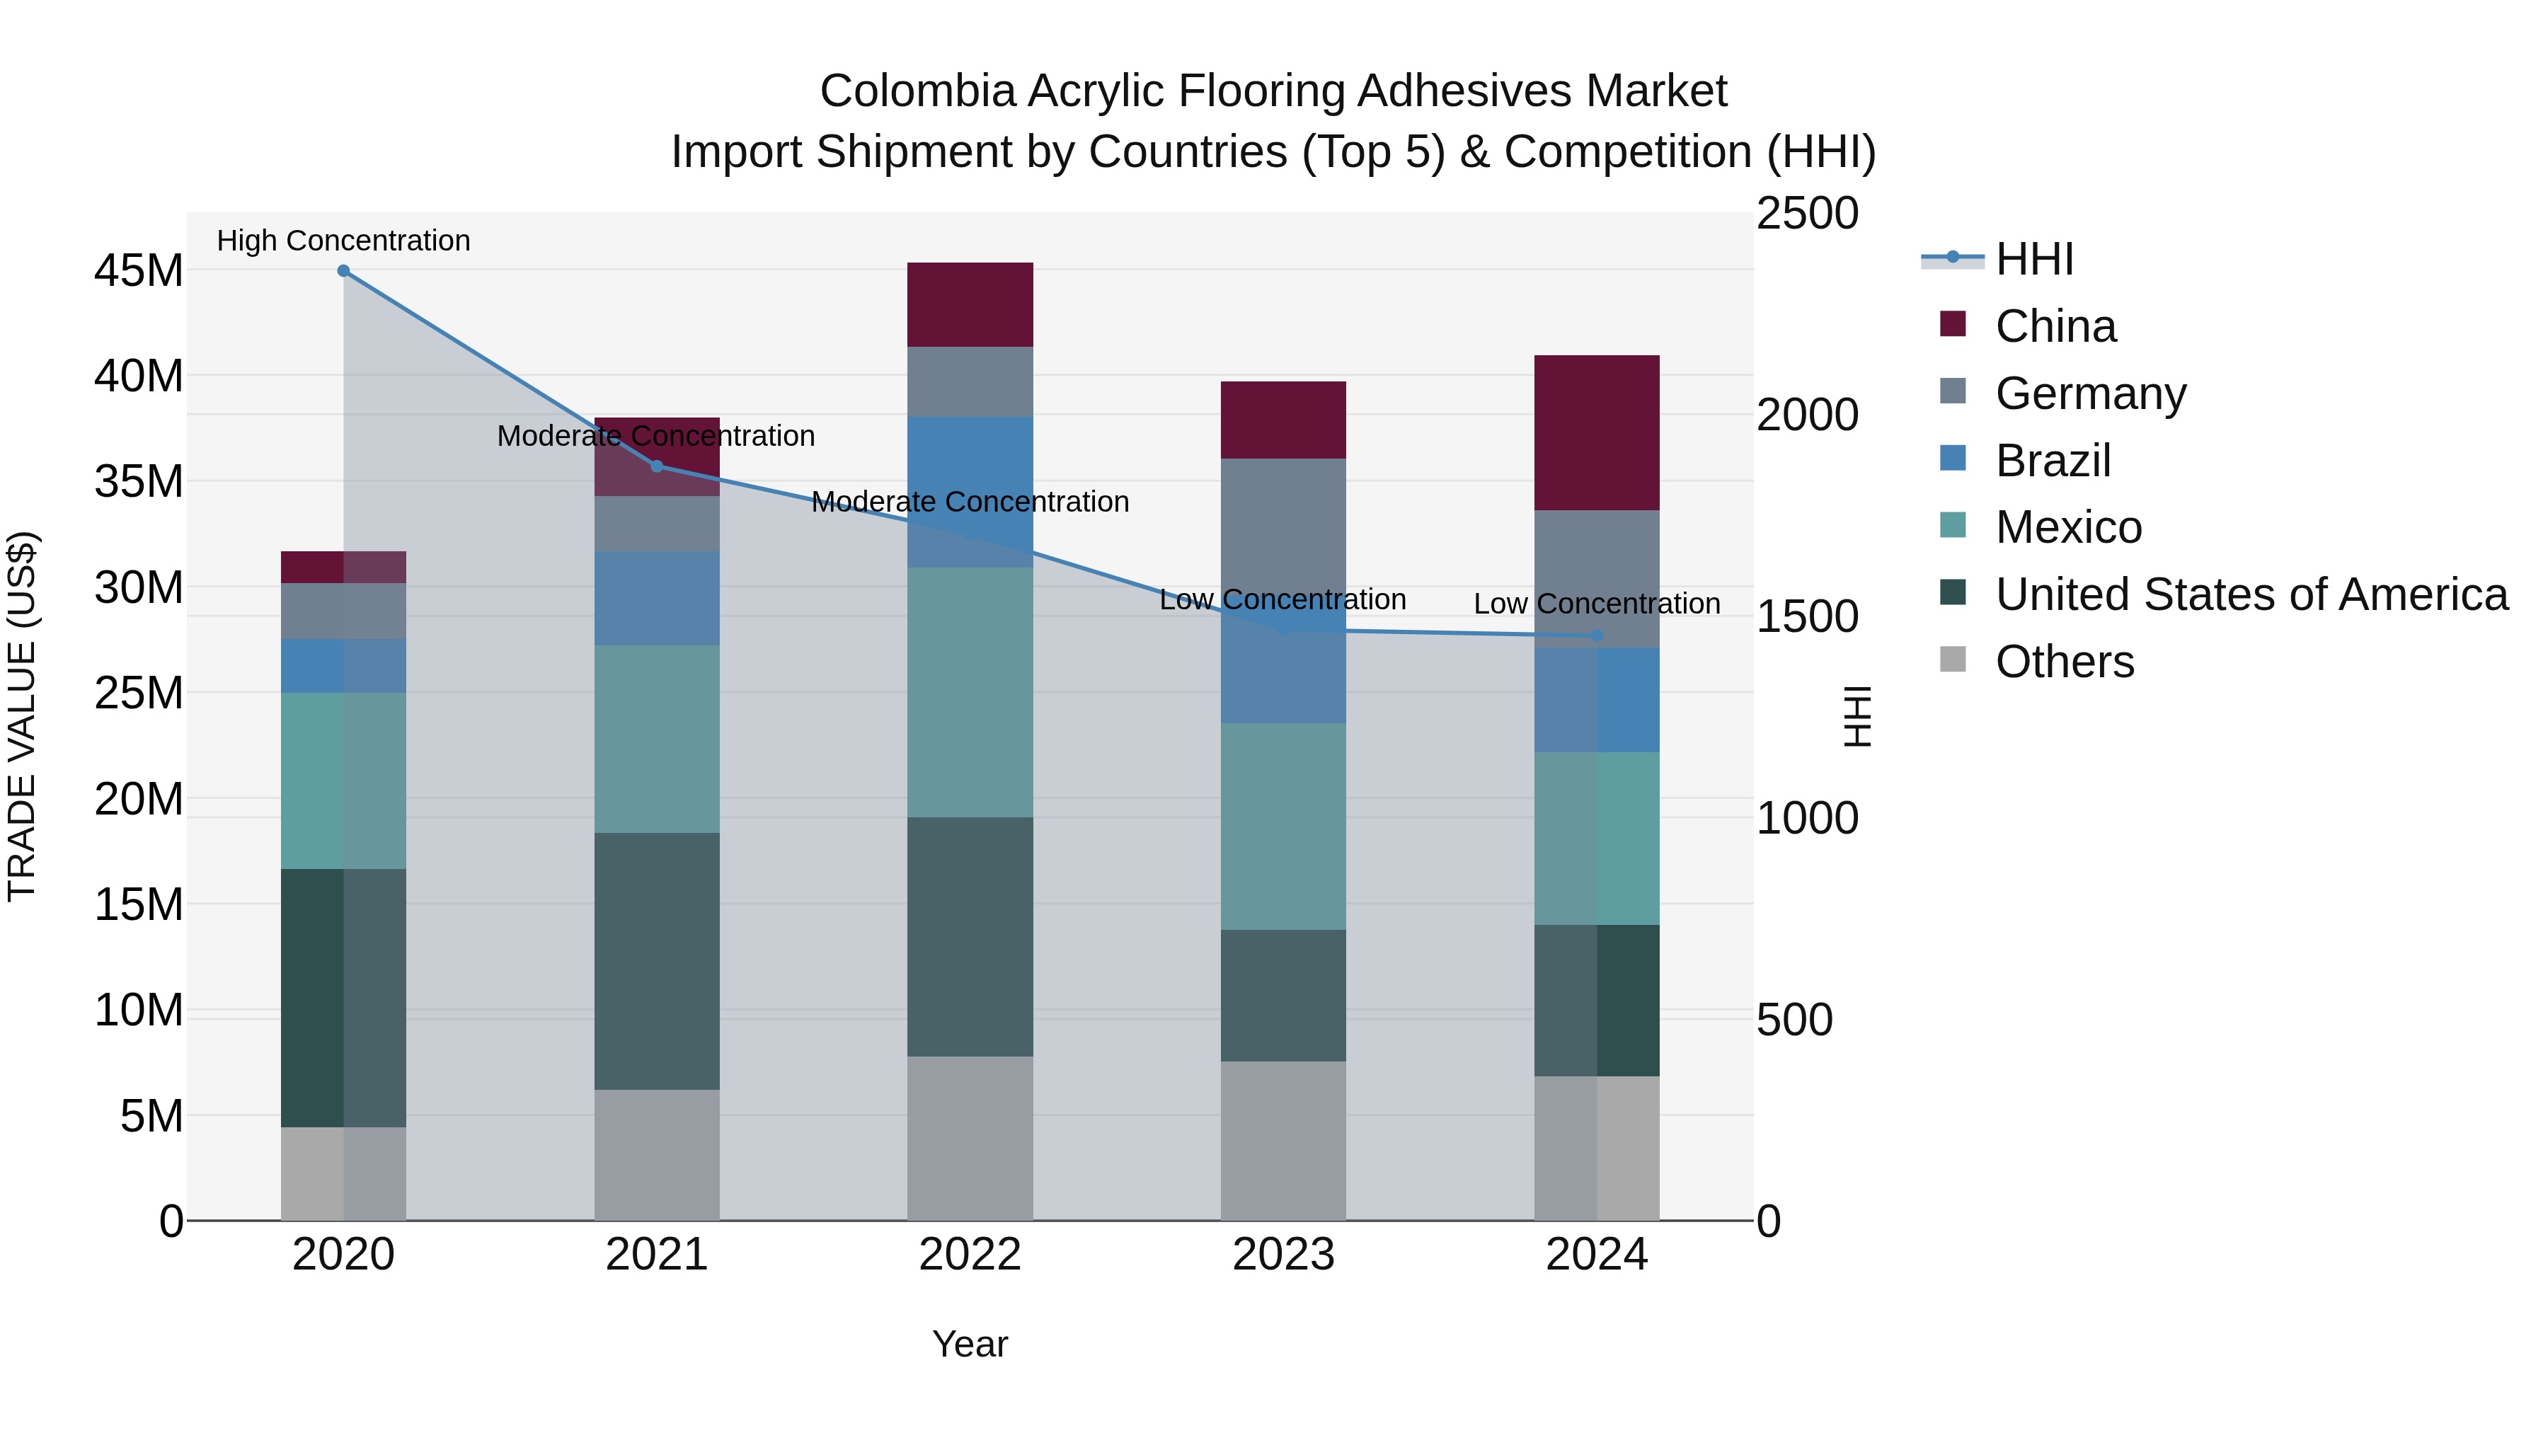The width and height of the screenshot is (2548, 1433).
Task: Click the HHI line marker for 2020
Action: pos(343,271)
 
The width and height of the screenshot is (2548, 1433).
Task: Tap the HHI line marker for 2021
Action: pos(657,466)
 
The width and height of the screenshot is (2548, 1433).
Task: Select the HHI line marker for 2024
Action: pos(1597,636)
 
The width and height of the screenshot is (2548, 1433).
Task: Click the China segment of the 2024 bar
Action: pos(1597,432)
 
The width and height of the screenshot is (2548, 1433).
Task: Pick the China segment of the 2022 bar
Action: pos(970,304)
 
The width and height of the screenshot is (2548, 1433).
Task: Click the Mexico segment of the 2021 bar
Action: pos(657,739)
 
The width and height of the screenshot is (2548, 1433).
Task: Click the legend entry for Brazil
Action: pos(2053,461)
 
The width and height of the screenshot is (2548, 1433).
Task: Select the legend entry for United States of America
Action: pos(2250,594)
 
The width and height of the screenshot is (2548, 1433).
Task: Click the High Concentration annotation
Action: pos(343,241)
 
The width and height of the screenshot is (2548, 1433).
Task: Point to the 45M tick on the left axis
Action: pos(139,270)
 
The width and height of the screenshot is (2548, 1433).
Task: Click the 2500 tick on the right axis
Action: pos(1806,214)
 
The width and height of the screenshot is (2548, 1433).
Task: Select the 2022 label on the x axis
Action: pos(970,1255)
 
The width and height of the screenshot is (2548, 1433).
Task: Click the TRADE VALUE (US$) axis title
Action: pos(22,716)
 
